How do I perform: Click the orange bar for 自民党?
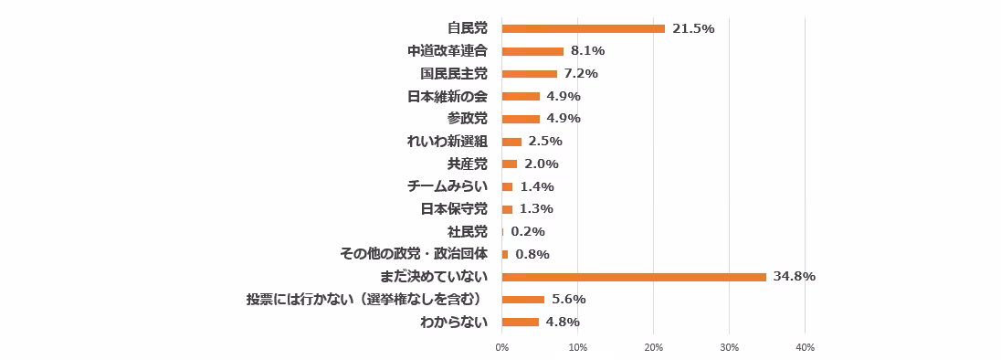[583, 28]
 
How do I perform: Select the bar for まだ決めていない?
[634, 277]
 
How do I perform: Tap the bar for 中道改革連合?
[532, 51]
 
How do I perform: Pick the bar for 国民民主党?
[529, 74]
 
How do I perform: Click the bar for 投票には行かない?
[522, 300]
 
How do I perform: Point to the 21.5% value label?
[693, 28]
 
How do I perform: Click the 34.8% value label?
[794, 277]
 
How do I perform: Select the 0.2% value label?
[528, 232]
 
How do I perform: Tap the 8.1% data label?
[587, 51]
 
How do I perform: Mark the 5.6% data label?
[568, 300]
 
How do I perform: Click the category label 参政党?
[467, 119]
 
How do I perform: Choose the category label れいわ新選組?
[447, 142]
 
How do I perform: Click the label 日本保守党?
[454, 209]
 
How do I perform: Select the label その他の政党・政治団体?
[413, 254]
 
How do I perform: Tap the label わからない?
[454, 322]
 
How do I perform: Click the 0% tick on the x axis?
[501, 347]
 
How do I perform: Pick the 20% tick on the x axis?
[653, 347]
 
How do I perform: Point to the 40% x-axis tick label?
[805, 347]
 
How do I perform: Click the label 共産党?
[467, 164]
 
